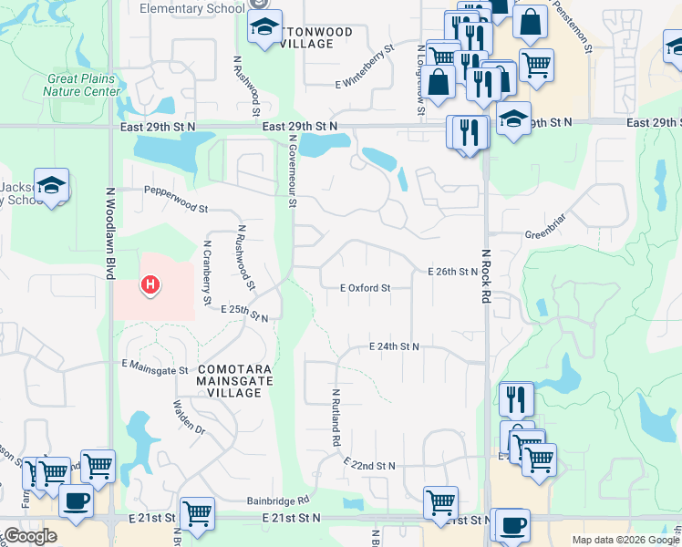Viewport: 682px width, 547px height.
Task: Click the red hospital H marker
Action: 150,286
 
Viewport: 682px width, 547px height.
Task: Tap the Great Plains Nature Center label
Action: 81,85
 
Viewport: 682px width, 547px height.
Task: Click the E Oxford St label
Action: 365,288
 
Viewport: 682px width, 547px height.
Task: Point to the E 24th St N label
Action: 394,347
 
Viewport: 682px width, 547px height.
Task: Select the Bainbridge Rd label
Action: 278,501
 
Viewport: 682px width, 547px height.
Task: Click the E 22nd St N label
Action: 369,466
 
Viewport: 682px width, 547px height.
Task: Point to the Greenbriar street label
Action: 547,234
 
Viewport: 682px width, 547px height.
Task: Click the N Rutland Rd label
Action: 336,418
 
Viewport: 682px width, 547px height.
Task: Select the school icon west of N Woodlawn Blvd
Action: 51,185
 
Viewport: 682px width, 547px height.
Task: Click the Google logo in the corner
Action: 31,536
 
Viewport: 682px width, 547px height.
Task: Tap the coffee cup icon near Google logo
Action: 76,501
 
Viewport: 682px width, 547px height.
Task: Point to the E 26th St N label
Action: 453,272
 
